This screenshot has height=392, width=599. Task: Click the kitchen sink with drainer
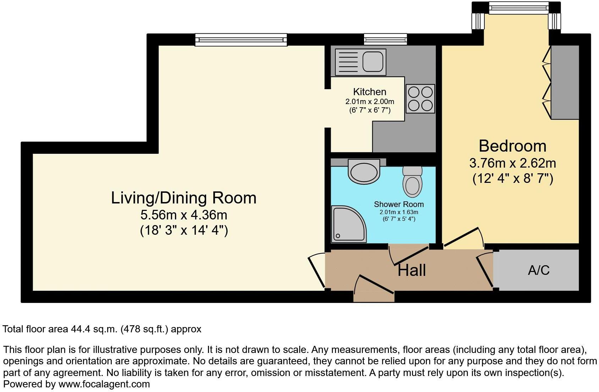click(x=360, y=62)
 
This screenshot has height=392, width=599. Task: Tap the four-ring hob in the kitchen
click(x=420, y=99)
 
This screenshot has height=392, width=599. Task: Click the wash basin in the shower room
click(x=364, y=171)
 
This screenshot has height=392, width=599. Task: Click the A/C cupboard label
click(x=538, y=271)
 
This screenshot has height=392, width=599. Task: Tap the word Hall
click(x=411, y=271)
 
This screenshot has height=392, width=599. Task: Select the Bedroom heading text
click(x=512, y=146)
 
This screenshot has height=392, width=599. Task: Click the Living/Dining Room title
click(x=183, y=198)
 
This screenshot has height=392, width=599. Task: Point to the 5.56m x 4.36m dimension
click(x=183, y=215)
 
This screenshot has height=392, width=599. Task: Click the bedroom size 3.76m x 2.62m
click(x=512, y=163)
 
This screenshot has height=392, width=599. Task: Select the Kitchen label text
click(x=369, y=92)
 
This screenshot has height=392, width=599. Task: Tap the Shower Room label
click(x=399, y=204)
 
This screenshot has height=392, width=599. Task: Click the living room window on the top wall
click(x=241, y=39)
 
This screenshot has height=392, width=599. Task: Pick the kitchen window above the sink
click(x=385, y=39)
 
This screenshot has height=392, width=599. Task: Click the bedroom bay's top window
click(x=518, y=8)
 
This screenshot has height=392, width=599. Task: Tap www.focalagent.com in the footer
click(x=104, y=384)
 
